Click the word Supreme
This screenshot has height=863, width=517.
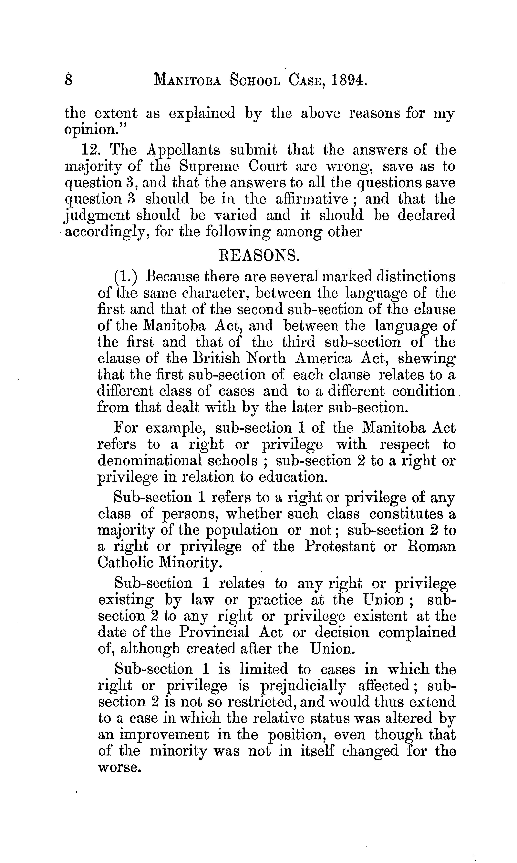click(x=209, y=167)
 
